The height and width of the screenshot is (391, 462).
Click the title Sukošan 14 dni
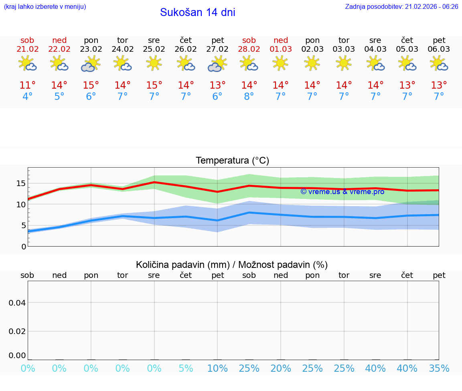197,12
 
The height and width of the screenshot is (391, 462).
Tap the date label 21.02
27,49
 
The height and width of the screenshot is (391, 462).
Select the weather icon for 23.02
91,64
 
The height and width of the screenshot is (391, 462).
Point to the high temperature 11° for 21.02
27,85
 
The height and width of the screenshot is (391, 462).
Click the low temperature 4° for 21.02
27,97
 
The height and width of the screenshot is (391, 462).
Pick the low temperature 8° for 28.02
249,97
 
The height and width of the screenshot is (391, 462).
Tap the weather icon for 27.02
217,64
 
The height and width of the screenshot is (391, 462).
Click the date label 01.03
281,49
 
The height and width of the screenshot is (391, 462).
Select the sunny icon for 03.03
344,63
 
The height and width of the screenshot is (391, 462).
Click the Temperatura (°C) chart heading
232,161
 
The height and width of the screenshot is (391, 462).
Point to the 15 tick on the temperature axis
21,183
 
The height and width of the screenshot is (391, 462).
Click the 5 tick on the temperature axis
23,225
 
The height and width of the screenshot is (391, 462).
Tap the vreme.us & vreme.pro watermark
342,192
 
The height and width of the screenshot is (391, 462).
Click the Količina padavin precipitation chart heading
232,265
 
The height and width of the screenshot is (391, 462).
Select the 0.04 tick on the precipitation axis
17,303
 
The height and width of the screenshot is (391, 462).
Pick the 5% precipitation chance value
186,369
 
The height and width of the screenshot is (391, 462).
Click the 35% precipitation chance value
439,369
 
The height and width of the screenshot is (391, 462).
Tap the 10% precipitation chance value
217,369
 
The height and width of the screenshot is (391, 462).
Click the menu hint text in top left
45,7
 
